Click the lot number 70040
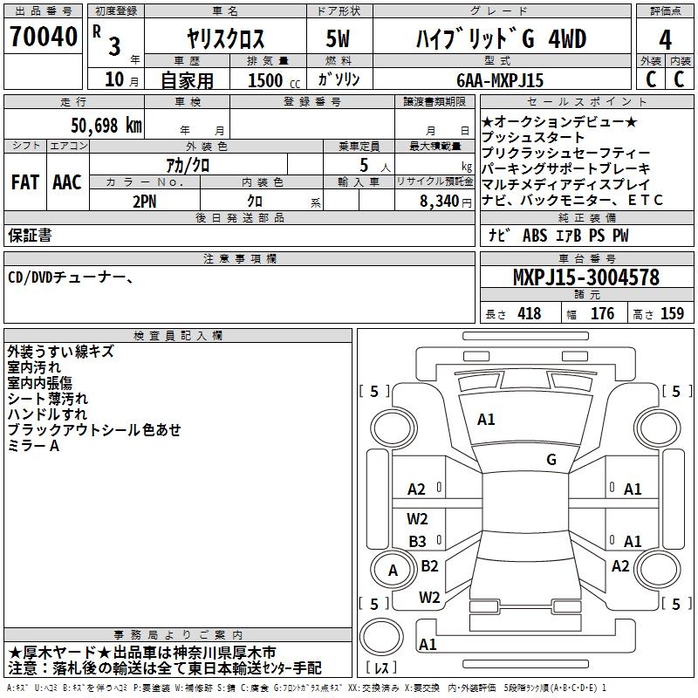click(44, 37)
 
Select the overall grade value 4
click(665, 40)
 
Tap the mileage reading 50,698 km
click(106, 126)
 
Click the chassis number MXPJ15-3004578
click(586, 277)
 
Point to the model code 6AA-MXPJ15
click(500, 80)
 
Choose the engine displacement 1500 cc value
click(274, 80)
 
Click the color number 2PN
click(145, 202)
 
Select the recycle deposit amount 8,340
click(440, 202)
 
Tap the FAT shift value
click(25, 182)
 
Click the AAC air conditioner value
click(67, 182)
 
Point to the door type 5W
click(339, 38)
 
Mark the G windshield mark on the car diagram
click(551, 459)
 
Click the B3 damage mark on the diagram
click(417, 541)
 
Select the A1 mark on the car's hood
click(486, 420)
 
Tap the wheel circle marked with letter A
click(393, 570)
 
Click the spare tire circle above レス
click(381, 636)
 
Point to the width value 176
click(602, 313)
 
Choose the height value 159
click(672, 313)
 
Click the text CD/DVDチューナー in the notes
click(67, 277)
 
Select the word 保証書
click(30, 235)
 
